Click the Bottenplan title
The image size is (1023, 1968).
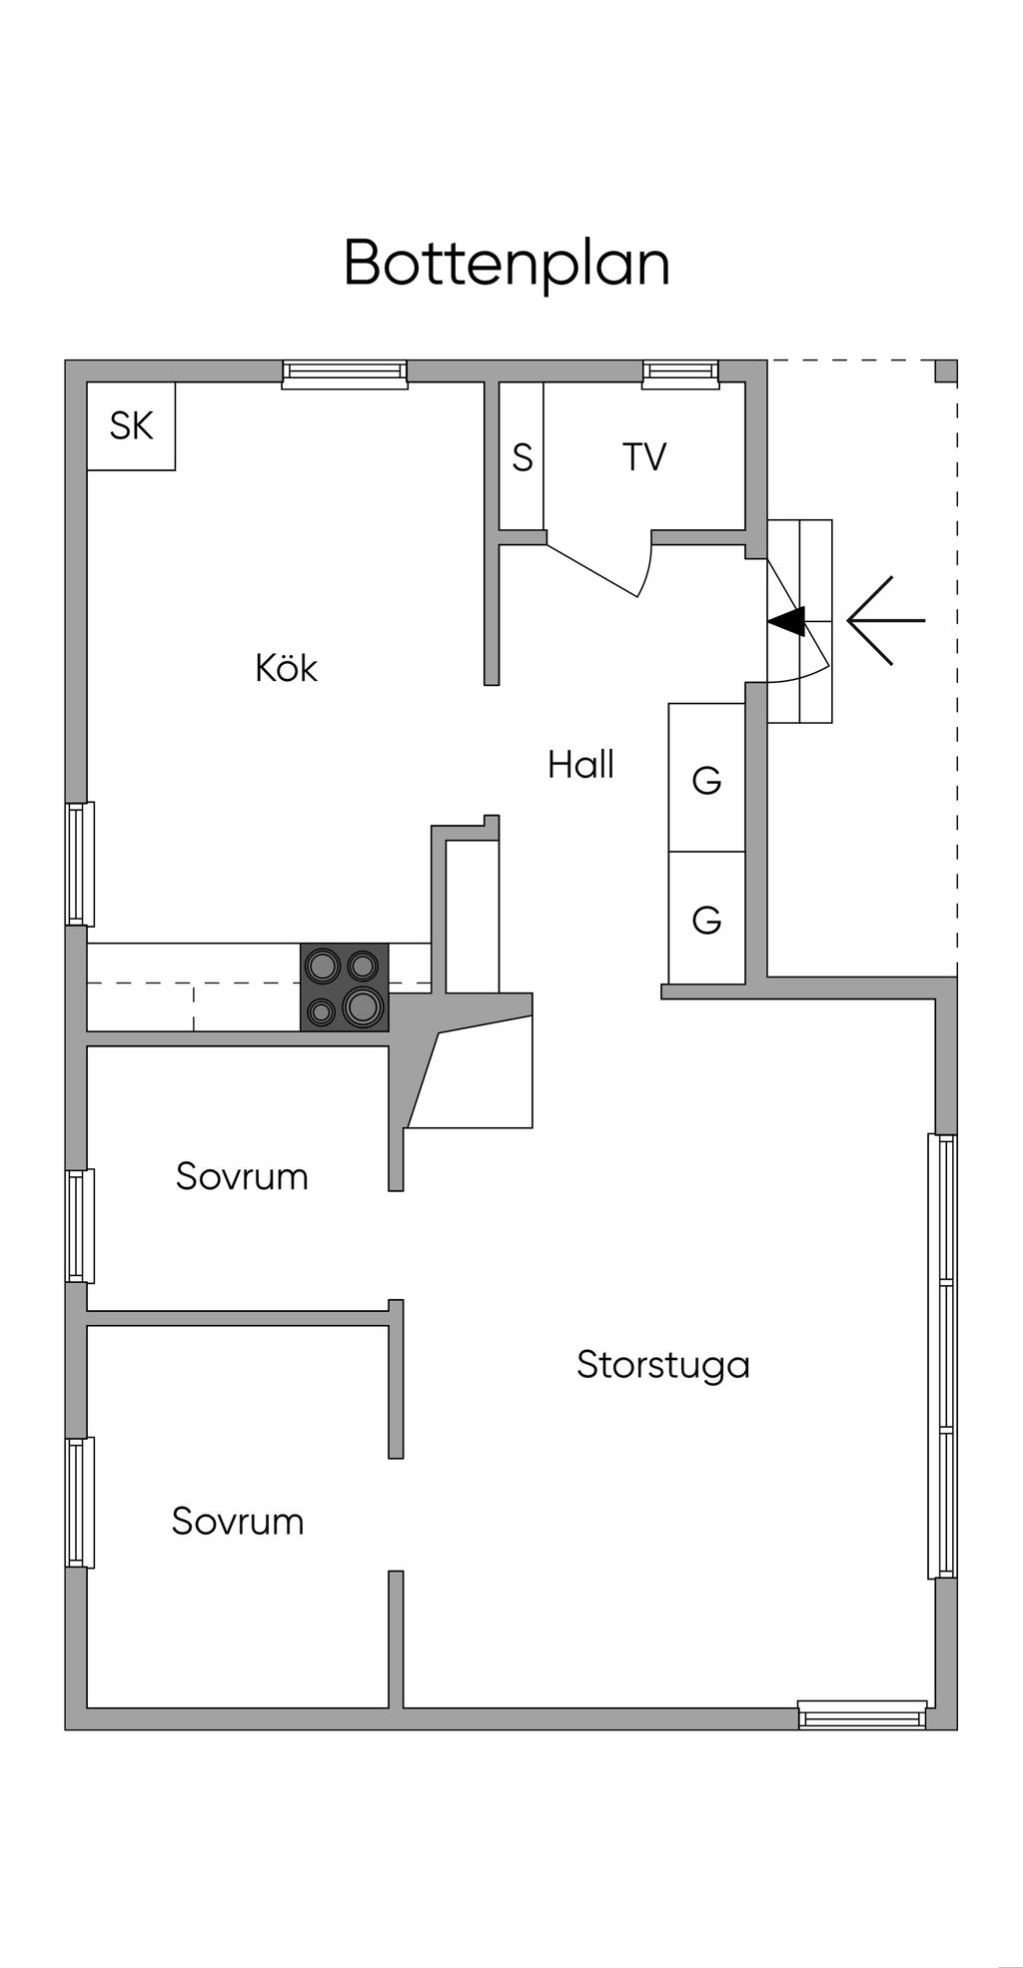[507, 264]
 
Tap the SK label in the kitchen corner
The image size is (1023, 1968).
[131, 426]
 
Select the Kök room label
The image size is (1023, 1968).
[286, 668]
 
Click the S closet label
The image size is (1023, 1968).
[521, 457]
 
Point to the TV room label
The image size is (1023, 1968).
[644, 457]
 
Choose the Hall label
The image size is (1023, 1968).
[580, 765]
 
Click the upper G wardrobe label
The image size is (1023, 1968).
[706, 780]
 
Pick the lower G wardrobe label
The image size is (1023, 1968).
[706, 919]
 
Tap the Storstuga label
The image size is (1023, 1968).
[662, 1365]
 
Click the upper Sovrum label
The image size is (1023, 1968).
[242, 1176]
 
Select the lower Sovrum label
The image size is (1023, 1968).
[238, 1522]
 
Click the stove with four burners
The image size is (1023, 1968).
[345, 987]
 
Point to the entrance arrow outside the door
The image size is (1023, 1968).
[885, 620]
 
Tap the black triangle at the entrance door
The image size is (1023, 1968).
[788, 621]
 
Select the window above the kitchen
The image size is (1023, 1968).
[345, 373]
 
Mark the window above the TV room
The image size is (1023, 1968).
[680, 373]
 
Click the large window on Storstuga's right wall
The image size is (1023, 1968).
[942, 1355]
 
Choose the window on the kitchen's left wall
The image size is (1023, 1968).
[80, 864]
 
